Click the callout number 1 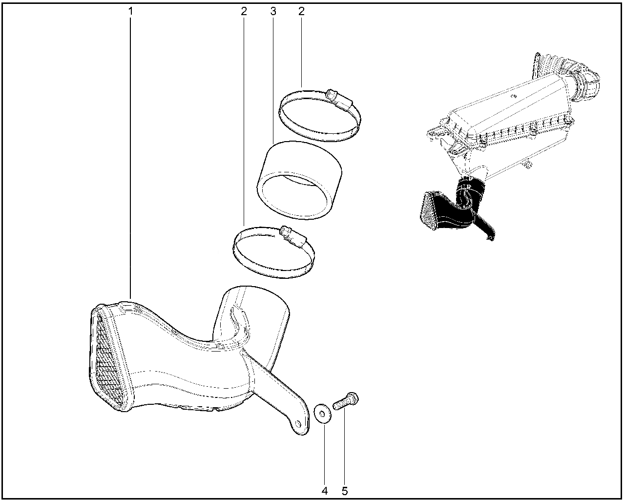click(131, 12)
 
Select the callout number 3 click(273, 12)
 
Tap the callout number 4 click(325, 491)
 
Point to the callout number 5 click(345, 491)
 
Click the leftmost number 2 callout click(244, 12)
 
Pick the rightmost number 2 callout click(301, 12)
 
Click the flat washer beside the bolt click(322, 413)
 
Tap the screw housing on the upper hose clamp click(339, 102)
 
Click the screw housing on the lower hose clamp click(293, 237)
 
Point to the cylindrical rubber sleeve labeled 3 click(299, 181)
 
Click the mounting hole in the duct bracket click(297, 423)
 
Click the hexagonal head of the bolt click(353, 398)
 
